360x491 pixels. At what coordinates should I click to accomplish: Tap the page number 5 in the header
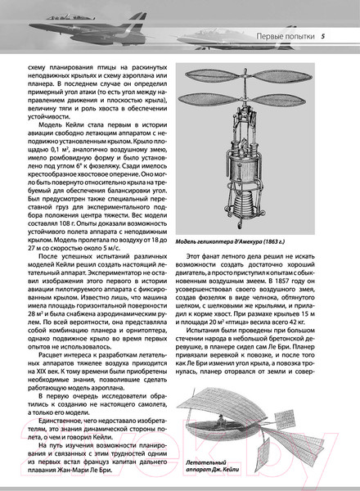coord(324,35)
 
